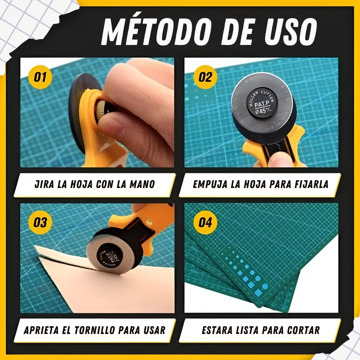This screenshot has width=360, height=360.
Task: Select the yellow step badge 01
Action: [x=40, y=77]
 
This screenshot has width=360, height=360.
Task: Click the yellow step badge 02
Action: [x=205, y=77]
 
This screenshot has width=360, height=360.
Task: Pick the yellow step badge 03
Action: [x=40, y=222]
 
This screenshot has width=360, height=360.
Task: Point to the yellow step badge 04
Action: [x=205, y=222]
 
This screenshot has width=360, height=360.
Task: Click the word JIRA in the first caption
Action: [x=45, y=184]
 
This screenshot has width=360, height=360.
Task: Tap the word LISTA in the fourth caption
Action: [x=242, y=330]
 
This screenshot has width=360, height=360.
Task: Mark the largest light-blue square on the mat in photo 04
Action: [x=259, y=293]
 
